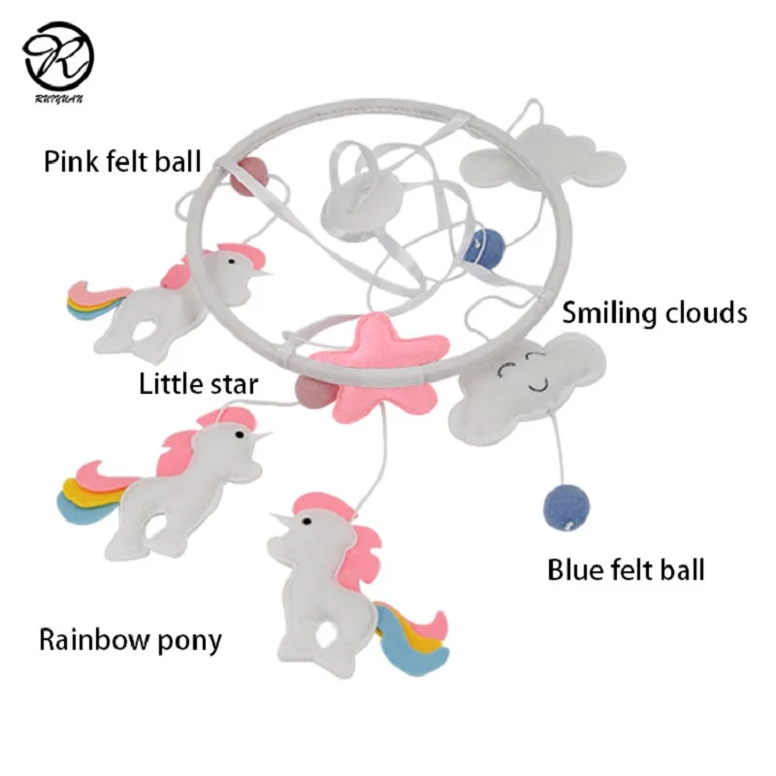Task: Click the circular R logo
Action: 58,56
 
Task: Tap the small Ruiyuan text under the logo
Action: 59,99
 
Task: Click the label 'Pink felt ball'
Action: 123,161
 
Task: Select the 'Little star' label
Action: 199,384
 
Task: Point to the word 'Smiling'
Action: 610,313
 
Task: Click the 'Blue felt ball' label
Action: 626,569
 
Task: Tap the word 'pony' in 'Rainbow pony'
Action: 189,641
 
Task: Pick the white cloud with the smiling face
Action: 527,389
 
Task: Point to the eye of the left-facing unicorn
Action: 307,522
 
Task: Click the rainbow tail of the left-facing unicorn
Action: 411,638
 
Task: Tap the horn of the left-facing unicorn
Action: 280,519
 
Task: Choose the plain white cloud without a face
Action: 543,157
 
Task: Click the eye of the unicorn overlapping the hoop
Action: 232,260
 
